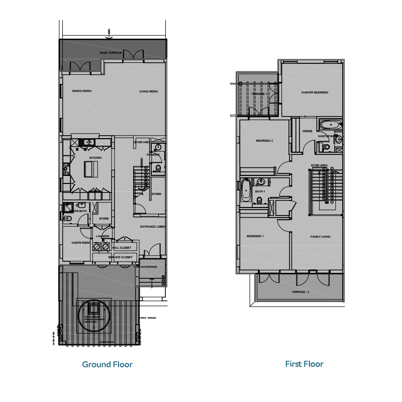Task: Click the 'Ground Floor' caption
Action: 107,364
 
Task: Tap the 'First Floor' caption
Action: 304,364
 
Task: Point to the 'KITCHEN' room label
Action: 95,158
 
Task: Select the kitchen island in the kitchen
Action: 91,170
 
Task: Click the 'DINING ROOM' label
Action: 81,91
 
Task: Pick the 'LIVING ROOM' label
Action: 149,91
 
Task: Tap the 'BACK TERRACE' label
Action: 111,53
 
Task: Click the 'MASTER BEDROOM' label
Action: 315,92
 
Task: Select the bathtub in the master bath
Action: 330,125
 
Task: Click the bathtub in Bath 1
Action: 246,190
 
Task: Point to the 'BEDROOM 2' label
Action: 264,140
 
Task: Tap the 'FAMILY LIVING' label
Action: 320,236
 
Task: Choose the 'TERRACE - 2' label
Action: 300,292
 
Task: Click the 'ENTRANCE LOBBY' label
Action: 153,227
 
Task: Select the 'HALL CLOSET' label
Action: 122,248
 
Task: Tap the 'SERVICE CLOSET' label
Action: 121,257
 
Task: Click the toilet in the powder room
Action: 158,168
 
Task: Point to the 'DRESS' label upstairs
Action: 307,132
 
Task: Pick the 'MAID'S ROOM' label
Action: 80,243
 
